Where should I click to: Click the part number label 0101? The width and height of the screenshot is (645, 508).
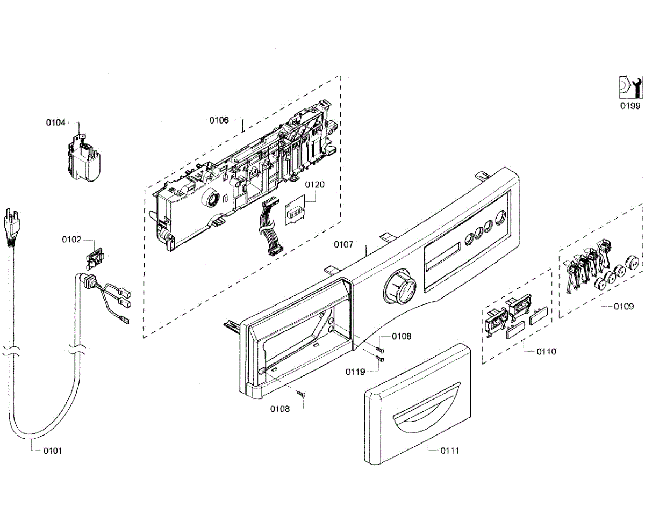(53, 451)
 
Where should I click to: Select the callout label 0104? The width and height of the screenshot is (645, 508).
(55, 122)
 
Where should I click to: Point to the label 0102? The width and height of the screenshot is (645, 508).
(71, 240)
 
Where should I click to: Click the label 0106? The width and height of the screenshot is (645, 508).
(219, 120)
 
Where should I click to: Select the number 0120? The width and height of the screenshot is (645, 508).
(315, 184)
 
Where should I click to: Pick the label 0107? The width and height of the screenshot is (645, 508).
(343, 245)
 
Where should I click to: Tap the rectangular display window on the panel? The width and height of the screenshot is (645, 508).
(442, 258)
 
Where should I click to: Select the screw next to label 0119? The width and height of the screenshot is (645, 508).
(380, 359)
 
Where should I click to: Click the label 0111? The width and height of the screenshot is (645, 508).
(450, 451)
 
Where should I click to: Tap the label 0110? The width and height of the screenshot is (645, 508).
(547, 352)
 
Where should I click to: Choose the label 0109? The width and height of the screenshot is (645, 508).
(623, 307)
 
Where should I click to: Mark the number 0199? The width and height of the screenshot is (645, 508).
(629, 106)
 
